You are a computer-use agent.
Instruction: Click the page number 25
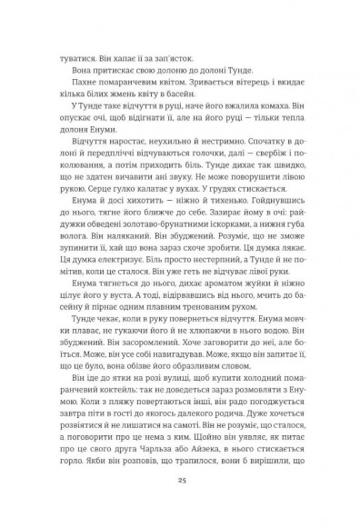pyautogui.click(x=180, y=480)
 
